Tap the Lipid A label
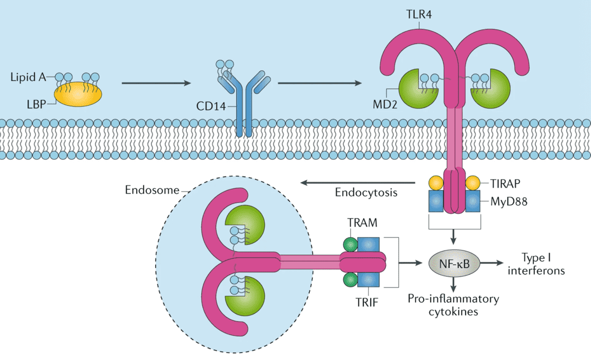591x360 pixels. pos(26,77)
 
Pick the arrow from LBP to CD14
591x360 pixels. pos(156,83)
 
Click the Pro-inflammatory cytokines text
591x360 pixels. pos(453,305)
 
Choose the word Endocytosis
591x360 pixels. pos(366,193)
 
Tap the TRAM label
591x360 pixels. pos(362,223)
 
